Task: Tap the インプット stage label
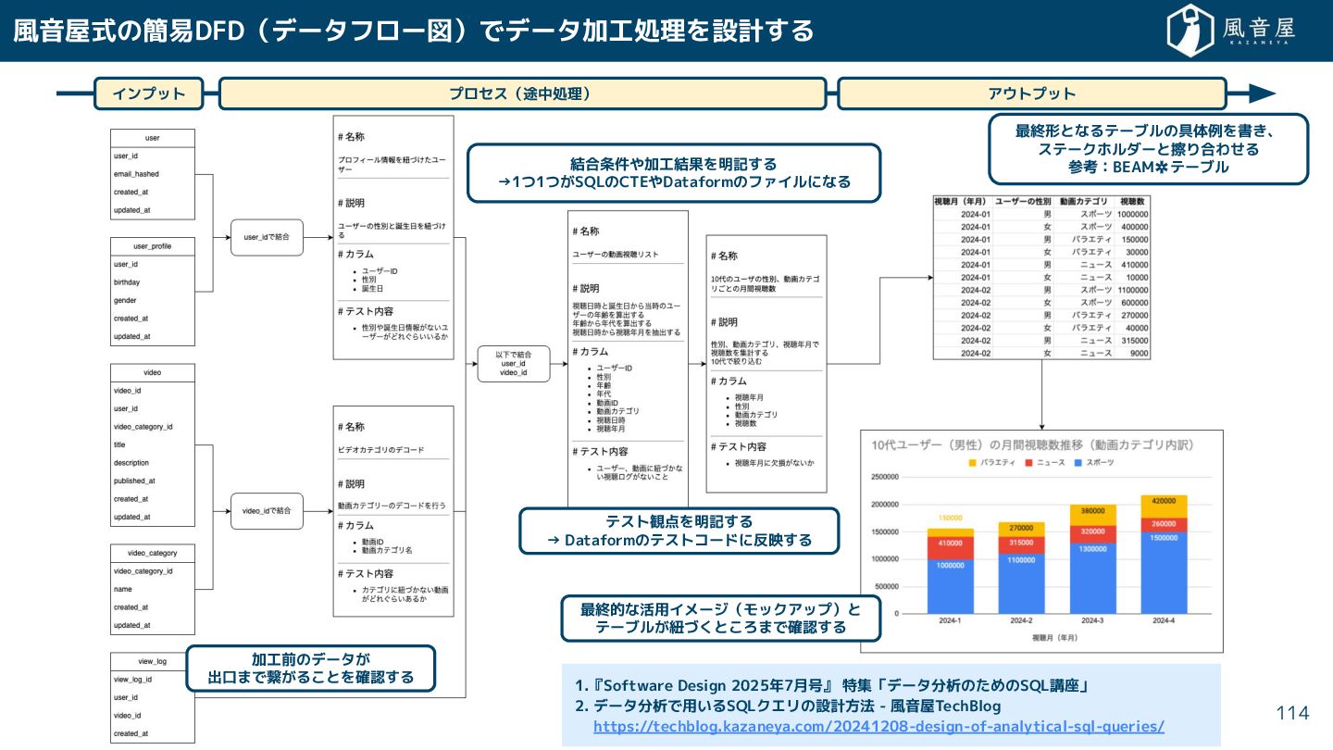pos(148,94)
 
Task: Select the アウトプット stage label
pos(1031,94)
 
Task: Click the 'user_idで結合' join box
pos(267,237)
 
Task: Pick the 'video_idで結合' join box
pos(267,510)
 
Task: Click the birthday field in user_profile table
pos(127,282)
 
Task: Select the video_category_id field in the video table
pos(143,427)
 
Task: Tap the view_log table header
pos(153,661)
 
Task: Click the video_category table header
pos(153,553)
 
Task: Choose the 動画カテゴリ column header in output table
pos(1085,201)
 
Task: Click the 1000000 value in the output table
pos(1133,214)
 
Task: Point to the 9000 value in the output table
pos(1139,353)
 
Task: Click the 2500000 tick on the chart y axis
pos(885,477)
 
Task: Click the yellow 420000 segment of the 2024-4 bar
pos(1164,506)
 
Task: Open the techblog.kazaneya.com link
pos(878,727)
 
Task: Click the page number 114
pos(1292,712)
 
